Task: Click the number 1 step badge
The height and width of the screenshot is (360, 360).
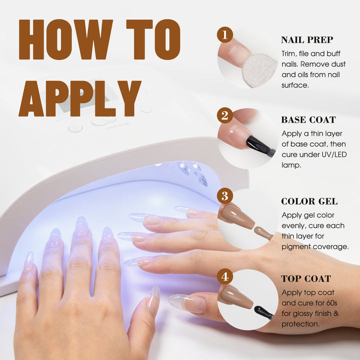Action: (225, 34)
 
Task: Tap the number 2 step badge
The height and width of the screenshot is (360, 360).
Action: (225, 115)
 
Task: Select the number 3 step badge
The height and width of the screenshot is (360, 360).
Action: (225, 196)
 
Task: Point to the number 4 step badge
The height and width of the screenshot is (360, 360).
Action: (225, 276)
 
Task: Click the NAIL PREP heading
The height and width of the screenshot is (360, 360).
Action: (307, 40)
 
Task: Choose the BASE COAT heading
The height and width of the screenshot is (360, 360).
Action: (308, 120)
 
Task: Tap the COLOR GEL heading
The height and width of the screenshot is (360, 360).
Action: (309, 201)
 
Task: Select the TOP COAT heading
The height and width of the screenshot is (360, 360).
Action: (306, 278)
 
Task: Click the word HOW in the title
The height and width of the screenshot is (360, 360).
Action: (65, 39)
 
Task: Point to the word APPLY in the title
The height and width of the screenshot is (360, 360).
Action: (79, 98)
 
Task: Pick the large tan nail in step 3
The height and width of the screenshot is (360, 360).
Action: (236, 216)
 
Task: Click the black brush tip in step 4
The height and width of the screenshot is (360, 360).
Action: (263, 312)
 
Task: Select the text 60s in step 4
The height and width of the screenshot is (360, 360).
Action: (331, 303)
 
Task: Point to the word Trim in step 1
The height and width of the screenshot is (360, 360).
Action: (289, 53)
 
